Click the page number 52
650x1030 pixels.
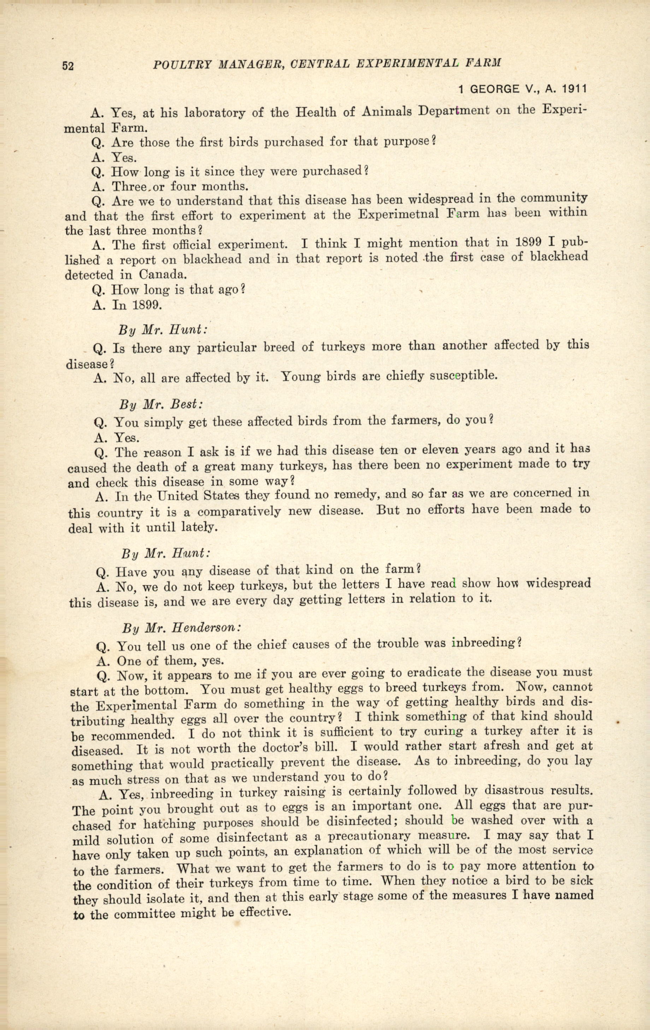pyautogui.click(x=69, y=65)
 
